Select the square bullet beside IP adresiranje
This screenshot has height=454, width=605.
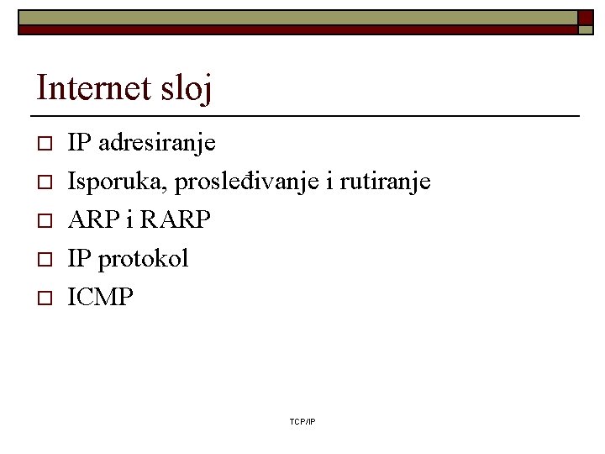coord(46,143)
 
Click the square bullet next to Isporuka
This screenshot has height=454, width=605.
coord(46,182)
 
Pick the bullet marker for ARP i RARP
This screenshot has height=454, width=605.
coord(46,220)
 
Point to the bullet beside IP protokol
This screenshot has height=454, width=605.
coord(46,259)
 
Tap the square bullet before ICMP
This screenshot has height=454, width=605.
coord(46,298)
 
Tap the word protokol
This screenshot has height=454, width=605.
coord(143,259)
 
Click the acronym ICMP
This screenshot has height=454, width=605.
coord(100,298)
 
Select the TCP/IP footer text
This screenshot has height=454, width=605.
coord(302,420)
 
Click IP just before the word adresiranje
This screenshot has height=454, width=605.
coord(80,143)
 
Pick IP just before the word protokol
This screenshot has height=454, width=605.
coord(80,259)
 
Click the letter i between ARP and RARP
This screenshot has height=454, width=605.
coord(129,220)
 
